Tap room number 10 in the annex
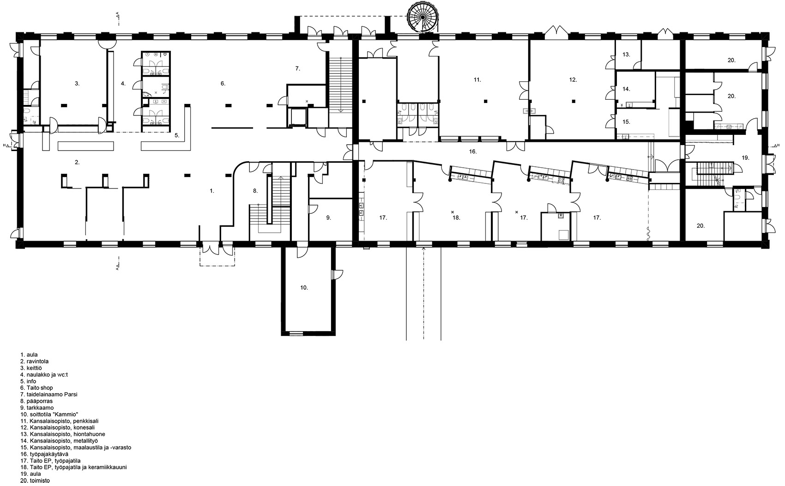(x=303, y=287)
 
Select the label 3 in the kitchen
(x=77, y=84)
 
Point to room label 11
(x=477, y=80)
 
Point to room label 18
(x=456, y=217)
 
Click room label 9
(x=328, y=217)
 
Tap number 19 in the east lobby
(x=745, y=158)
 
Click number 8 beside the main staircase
(x=254, y=190)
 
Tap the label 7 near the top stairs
(x=298, y=68)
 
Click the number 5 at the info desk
(x=176, y=136)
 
